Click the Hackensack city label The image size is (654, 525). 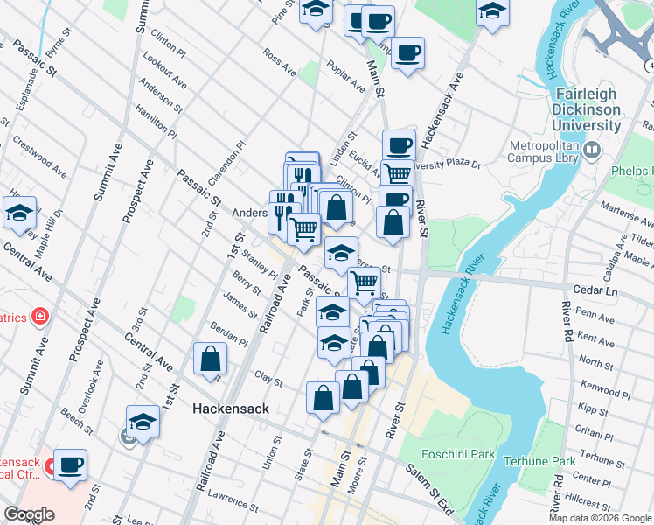(229, 409)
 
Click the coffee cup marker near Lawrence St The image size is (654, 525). (70, 465)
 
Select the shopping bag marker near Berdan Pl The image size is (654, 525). (211, 359)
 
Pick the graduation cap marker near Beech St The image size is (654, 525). (143, 422)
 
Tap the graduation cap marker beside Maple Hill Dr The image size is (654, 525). (19, 213)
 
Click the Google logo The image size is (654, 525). (29, 514)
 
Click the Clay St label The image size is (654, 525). (268, 379)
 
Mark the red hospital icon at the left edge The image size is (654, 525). (38, 315)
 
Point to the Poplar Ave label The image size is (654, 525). (344, 77)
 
